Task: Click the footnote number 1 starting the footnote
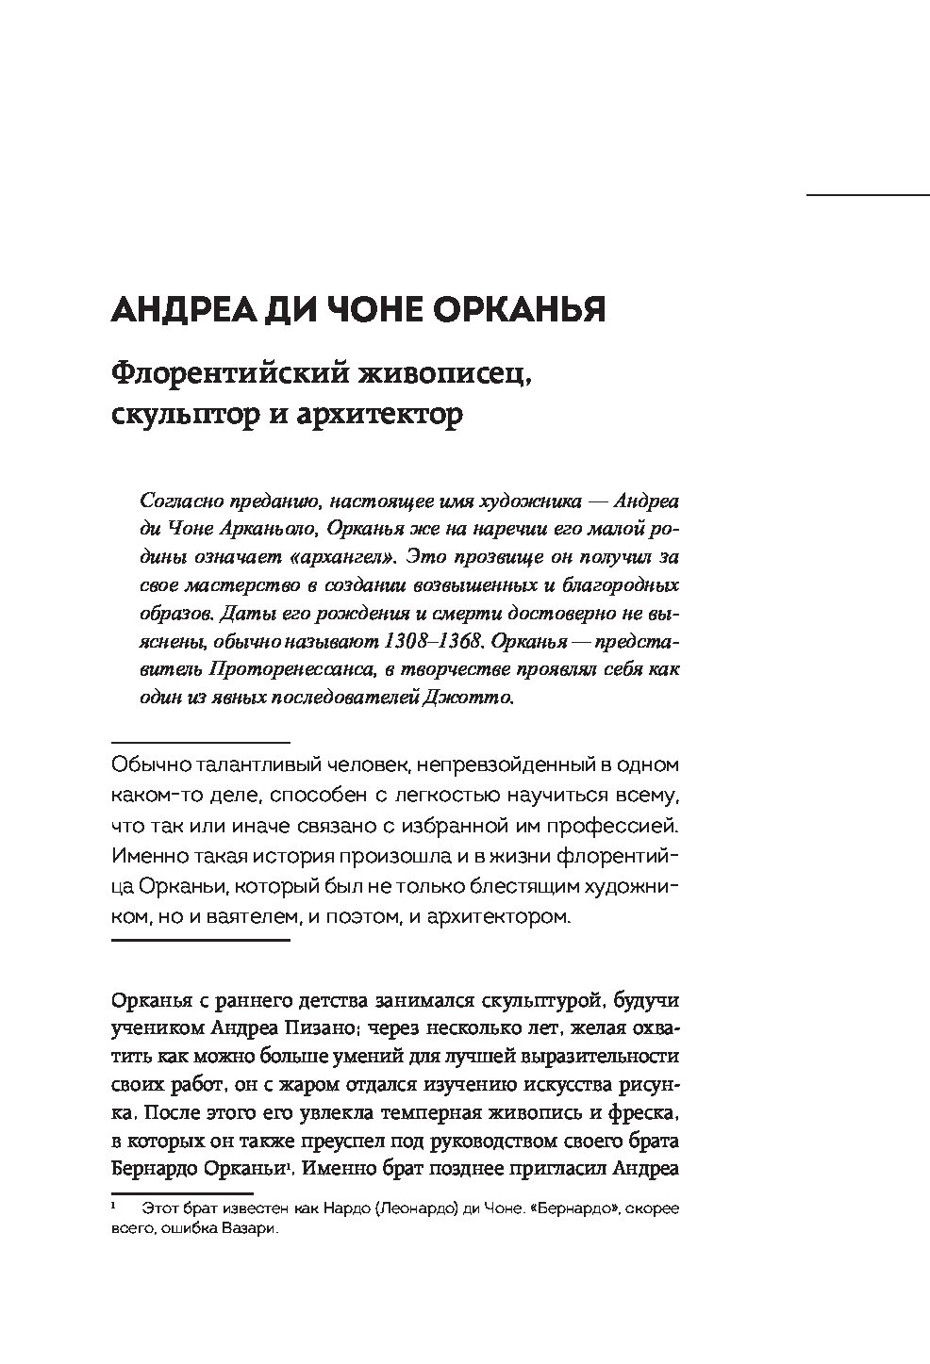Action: [113, 1207]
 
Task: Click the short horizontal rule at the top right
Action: [868, 195]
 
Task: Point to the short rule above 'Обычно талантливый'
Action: [200, 742]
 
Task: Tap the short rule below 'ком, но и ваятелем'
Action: [200, 940]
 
